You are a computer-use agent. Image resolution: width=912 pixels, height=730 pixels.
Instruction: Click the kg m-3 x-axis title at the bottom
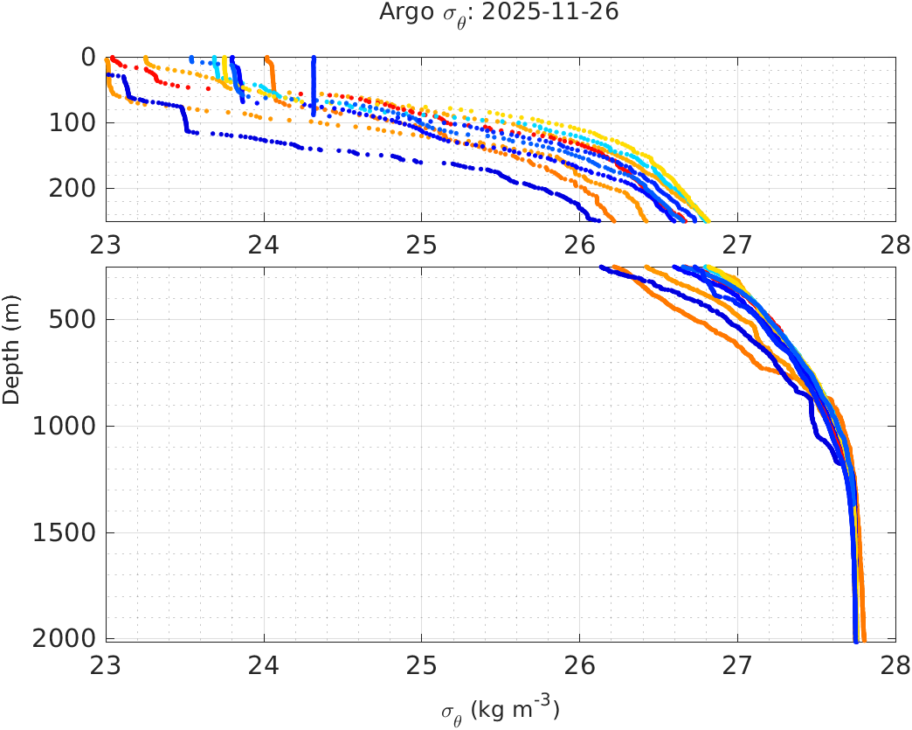[x=500, y=709]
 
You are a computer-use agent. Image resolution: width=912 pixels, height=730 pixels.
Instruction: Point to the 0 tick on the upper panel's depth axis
[x=88, y=58]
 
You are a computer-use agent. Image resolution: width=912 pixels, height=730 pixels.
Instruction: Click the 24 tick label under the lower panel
[x=264, y=665]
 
